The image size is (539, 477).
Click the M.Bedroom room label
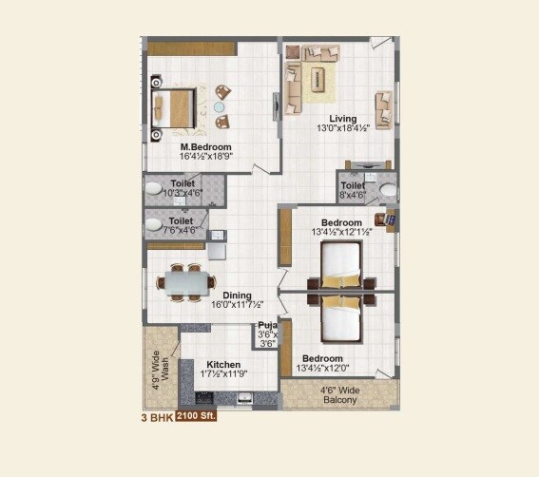tap(206, 148)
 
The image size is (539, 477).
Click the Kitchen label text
tap(223, 364)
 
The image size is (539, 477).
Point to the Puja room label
tap(266, 325)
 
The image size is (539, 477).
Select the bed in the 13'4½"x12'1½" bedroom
tap(341, 264)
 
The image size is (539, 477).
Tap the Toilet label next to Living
tap(352, 186)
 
